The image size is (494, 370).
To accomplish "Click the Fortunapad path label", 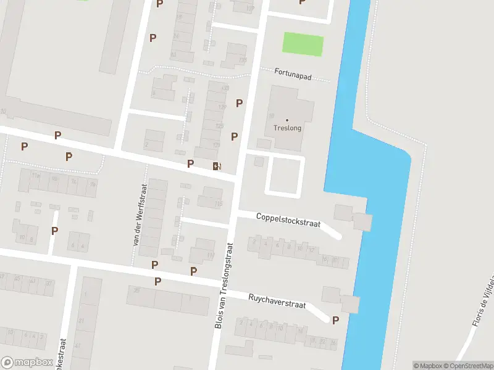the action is coord(293,76).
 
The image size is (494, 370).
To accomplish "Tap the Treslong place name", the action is coord(287,128).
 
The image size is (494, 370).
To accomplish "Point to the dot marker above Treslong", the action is coord(287,120).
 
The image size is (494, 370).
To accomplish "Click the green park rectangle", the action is coord(303,44).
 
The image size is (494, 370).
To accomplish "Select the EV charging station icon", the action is coord(216,165).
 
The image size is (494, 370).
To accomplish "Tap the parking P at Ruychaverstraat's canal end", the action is coord(335,320).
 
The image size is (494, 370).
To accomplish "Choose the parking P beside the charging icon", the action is coord(191,163).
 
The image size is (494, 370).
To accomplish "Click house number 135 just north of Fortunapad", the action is coord(243,60).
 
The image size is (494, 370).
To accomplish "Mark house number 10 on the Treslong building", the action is coord(270,116).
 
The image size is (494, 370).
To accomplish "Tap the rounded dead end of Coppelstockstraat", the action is coord(337,234).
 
